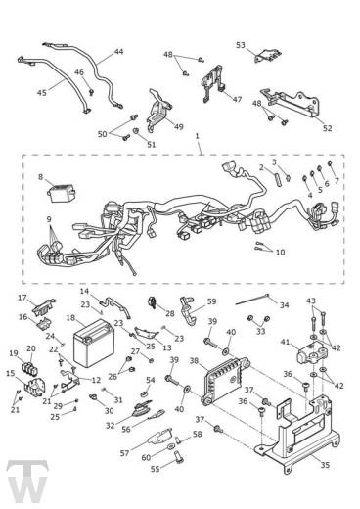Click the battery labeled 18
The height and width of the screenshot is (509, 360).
click(x=93, y=343)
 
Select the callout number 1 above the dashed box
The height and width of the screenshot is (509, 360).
click(x=197, y=136)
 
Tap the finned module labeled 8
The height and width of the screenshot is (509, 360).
click(x=62, y=193)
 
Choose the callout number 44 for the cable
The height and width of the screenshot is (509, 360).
click(x=118, y=52)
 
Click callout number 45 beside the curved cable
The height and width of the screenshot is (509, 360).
click(x=42, y=93)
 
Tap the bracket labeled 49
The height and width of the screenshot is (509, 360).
click(x=158, y=111)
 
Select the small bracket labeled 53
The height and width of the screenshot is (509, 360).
click(x=267, y=56)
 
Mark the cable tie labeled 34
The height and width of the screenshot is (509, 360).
click(x=252, y=300)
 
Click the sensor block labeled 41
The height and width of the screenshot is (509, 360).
click(x=311, y=355)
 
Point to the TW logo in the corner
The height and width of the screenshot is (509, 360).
click(x=27, y=481)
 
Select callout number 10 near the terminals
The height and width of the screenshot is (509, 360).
click(x=280, y=252)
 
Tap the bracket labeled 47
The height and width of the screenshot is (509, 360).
click(x=213, y=83)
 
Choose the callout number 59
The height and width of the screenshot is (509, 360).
click(x=212, y=301)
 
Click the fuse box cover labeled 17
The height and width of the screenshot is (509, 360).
click(x=43, y=306)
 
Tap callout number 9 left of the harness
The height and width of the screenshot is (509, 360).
click(x=49, y=219)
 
